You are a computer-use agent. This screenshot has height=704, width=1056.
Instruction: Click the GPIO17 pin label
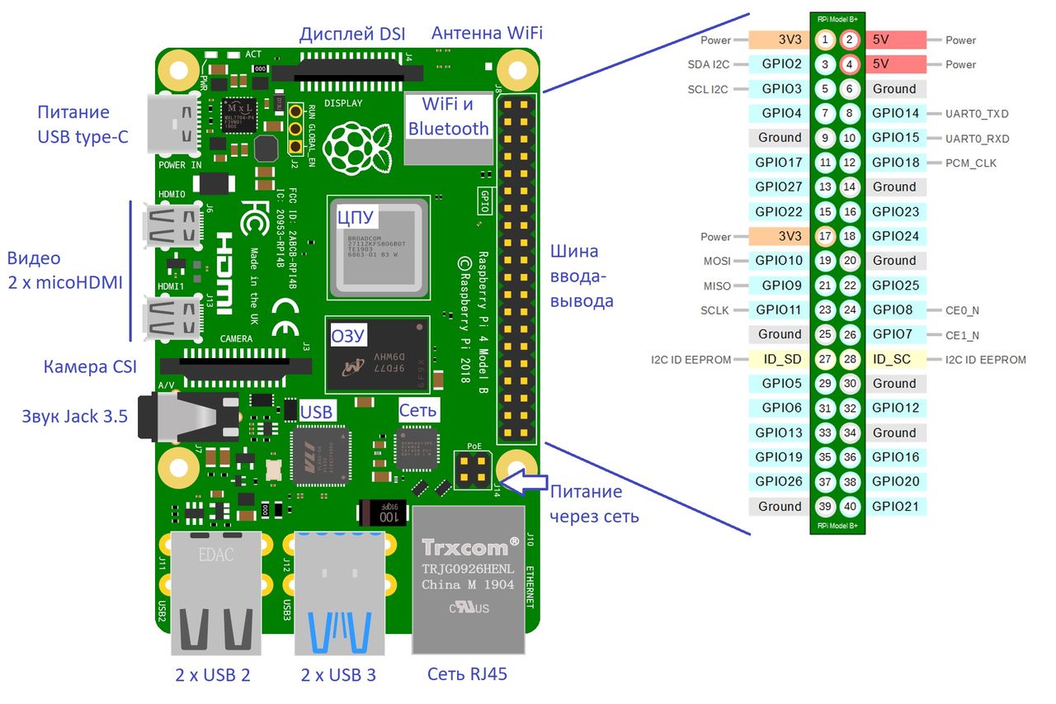click(x=778, y=163)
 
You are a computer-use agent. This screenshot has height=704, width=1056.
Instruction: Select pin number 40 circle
click(x=850, y=506)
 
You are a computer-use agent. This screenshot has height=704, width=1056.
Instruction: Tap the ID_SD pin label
click(x=778, y=359)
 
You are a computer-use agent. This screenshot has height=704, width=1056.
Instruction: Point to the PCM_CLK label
click(x=972, y=163)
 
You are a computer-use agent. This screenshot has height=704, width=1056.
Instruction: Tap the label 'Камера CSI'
click(x=90, y=366)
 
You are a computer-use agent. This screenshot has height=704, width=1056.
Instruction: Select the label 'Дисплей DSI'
click(x=351, y=34)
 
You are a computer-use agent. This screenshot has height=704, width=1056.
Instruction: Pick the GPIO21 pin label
click(x=895, y=506)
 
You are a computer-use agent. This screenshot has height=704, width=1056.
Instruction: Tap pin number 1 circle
click(x=825, y=40)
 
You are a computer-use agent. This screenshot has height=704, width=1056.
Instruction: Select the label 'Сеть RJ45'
click(x=467, y=674)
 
